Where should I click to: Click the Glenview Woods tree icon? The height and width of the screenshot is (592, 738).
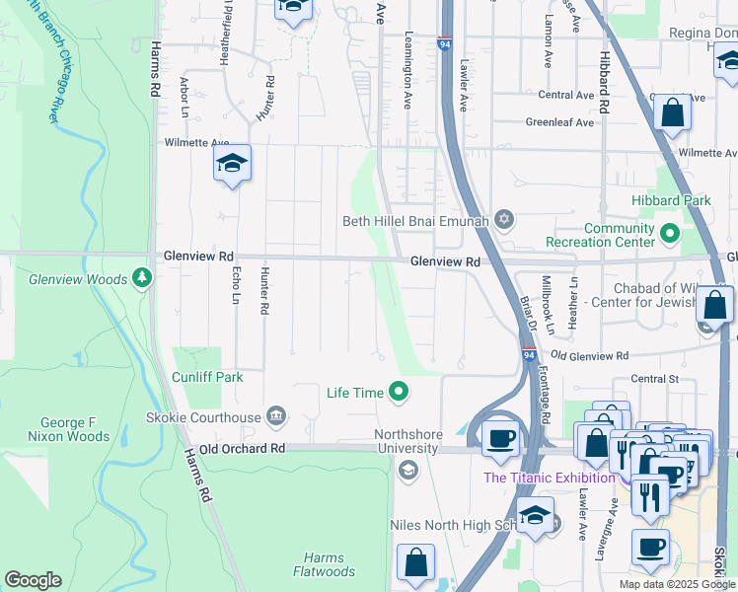point(144,279)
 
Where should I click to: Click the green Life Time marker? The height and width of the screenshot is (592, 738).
point(400,393)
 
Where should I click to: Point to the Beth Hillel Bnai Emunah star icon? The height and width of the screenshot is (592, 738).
point(504,220)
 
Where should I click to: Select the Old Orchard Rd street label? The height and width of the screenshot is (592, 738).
point(242,448)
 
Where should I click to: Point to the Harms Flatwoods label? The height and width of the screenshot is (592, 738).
point(324,564)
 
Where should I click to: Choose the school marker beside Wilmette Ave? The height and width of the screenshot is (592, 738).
point(232,164)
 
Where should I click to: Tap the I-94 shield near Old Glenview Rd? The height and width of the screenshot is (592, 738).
point(530,354)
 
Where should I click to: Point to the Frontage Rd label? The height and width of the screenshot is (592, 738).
point(545,389)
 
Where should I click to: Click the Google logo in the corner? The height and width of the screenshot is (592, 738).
point(33,580)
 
